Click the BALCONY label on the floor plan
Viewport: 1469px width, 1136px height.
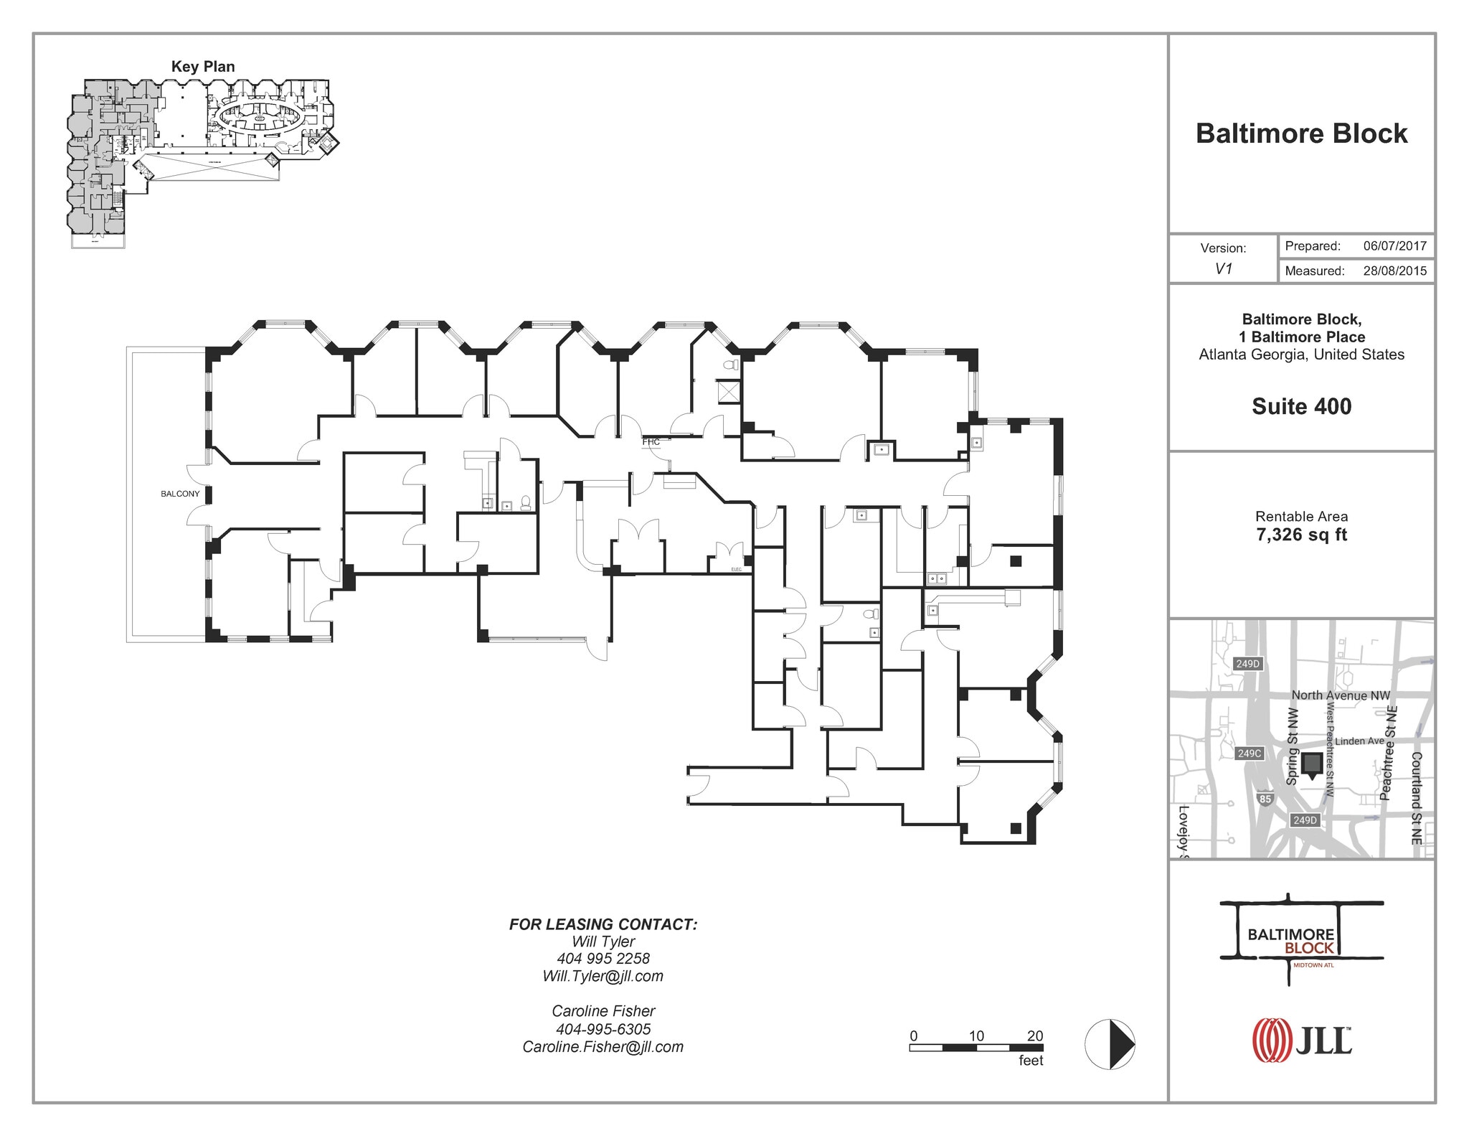[x=180, y=494]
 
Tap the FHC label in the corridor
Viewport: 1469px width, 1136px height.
[x=651, y=442]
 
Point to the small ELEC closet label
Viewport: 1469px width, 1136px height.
[x=736, y=569]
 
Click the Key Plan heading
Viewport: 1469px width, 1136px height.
[x=203, y=67]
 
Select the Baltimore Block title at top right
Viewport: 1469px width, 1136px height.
[x=1301, y=133]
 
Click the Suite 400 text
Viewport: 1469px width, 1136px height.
[x=1301, y=406]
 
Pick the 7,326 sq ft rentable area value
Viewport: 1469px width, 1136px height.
[x=1301, y=535]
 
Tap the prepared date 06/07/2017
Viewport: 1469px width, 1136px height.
[x=1394, y=246]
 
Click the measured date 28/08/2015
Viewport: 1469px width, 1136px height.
[x=1394, y=271]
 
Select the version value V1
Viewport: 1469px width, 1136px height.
[x=1223, y=269]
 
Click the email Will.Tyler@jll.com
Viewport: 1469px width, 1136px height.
[x=603, y=976]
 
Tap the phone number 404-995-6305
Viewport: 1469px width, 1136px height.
[x=603, y=1029]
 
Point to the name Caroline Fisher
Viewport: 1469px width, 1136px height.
[x=603, y=1011]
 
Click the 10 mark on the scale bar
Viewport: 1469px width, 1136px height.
[x=976, y=1036]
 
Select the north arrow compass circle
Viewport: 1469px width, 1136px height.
[x=1110, y=1044]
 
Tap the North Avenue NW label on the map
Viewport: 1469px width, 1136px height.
[x=1340, y=695]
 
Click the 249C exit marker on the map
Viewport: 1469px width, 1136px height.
[x=1249, y=754]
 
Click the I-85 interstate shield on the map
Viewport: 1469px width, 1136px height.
[x=1265, y=799]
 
